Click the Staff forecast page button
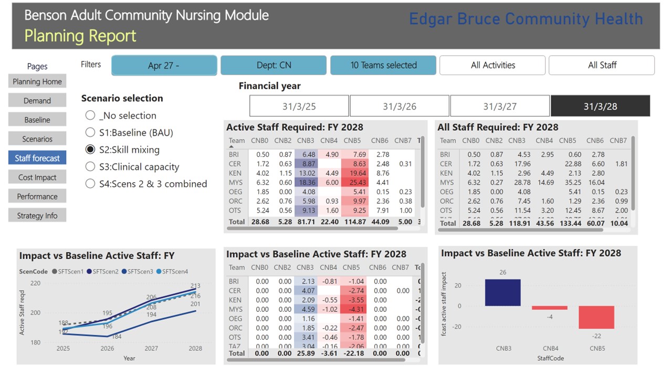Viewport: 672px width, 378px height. point(37,158)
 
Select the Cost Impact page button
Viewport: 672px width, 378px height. point(37,177)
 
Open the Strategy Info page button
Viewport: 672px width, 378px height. point(37,216)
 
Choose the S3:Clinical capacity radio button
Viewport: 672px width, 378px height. point(90,167)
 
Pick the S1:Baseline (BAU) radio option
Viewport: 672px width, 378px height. point(90,133)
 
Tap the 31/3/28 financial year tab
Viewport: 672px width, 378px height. point(600,106)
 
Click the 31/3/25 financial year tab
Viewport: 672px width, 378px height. point(299,106)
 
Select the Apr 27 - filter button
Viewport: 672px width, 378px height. point(164,66)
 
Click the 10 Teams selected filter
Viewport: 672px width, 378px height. point(383,66)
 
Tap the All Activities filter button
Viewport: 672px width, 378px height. point(492,66)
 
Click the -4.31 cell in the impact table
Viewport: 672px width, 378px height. point(355,309)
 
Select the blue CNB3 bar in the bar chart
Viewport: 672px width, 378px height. point(503,292)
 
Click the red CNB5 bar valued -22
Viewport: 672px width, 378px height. point(596,317)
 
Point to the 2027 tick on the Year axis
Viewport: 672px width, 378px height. point(151,349)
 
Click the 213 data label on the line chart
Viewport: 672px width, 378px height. point(195,286)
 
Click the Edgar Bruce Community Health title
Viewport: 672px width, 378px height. point(526,19)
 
